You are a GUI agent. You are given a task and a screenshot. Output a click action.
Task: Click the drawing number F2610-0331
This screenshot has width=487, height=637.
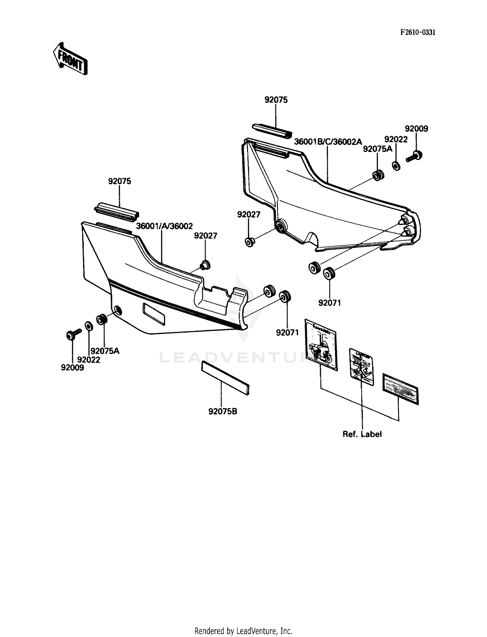point(417,32)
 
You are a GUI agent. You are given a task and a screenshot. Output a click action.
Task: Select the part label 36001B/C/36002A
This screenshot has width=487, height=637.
point(328,142)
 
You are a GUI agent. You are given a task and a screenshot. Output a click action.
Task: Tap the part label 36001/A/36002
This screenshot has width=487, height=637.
point(164,226)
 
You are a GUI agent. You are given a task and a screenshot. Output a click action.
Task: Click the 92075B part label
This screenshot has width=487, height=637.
point(222,412)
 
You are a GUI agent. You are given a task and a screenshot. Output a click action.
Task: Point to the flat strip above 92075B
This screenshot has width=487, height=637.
point(225,378)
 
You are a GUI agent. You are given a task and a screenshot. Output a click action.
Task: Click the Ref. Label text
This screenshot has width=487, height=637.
point(362,434)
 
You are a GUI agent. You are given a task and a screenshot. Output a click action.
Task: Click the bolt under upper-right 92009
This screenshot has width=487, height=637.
point(414,157)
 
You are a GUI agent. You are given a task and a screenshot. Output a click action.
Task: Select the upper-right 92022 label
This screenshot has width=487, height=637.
point(396,139)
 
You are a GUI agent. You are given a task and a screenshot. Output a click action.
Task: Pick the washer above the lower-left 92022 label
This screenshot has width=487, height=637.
point(89,326)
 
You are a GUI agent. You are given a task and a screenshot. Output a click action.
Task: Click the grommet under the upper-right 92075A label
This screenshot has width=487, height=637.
point(378,175)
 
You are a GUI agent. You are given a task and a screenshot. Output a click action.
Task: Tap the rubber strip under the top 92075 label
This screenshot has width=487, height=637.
point(272,131)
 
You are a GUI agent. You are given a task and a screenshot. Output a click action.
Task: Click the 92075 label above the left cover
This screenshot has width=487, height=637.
point(119,181)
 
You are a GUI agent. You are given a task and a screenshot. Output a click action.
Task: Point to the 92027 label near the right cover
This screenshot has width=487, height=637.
point(249,215)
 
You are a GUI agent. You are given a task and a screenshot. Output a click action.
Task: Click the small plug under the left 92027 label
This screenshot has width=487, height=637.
point(205,265)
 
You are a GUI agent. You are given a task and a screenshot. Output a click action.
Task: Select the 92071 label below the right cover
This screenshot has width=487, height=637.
point(330,303)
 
